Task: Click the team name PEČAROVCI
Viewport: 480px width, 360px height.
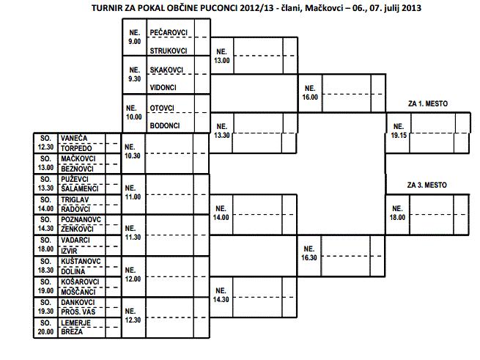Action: (x=168, y=33)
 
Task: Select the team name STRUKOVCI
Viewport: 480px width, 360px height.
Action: (x=168, y=51)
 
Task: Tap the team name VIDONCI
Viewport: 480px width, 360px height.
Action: (x=163, y=87)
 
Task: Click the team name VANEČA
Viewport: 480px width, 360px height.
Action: (x=75, y=138)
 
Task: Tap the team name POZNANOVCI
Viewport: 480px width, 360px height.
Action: (x=81, y=219)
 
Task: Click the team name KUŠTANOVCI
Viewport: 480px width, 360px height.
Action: (x=81, y=260)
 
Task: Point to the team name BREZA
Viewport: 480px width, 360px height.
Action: (x=72, y=331)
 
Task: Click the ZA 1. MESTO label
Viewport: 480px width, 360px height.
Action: (x=427, y=104)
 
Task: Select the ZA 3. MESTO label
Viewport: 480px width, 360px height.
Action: (x=427, y=185)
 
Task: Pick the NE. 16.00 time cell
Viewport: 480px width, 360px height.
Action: (x=311, y=91)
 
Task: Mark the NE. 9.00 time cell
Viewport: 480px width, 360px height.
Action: (x=134, y=37)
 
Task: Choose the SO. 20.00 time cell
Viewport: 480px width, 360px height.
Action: (x=45, y=326)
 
